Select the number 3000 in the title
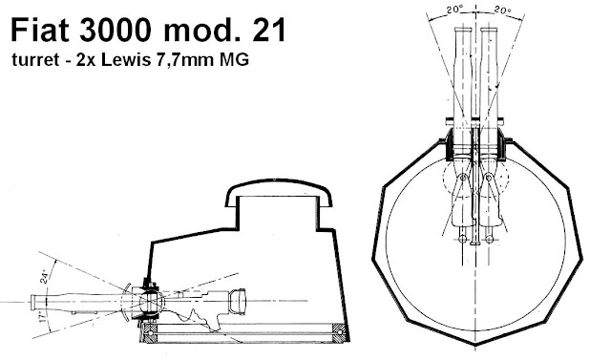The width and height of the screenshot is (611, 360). pos(116,30)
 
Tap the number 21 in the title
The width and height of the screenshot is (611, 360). pos(269,30)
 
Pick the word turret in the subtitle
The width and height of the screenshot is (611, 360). pos(35,60)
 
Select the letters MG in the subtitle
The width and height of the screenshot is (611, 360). pos(235,60)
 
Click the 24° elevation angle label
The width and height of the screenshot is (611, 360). pos(46,276)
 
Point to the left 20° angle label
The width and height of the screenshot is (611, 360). pos(454,11)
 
